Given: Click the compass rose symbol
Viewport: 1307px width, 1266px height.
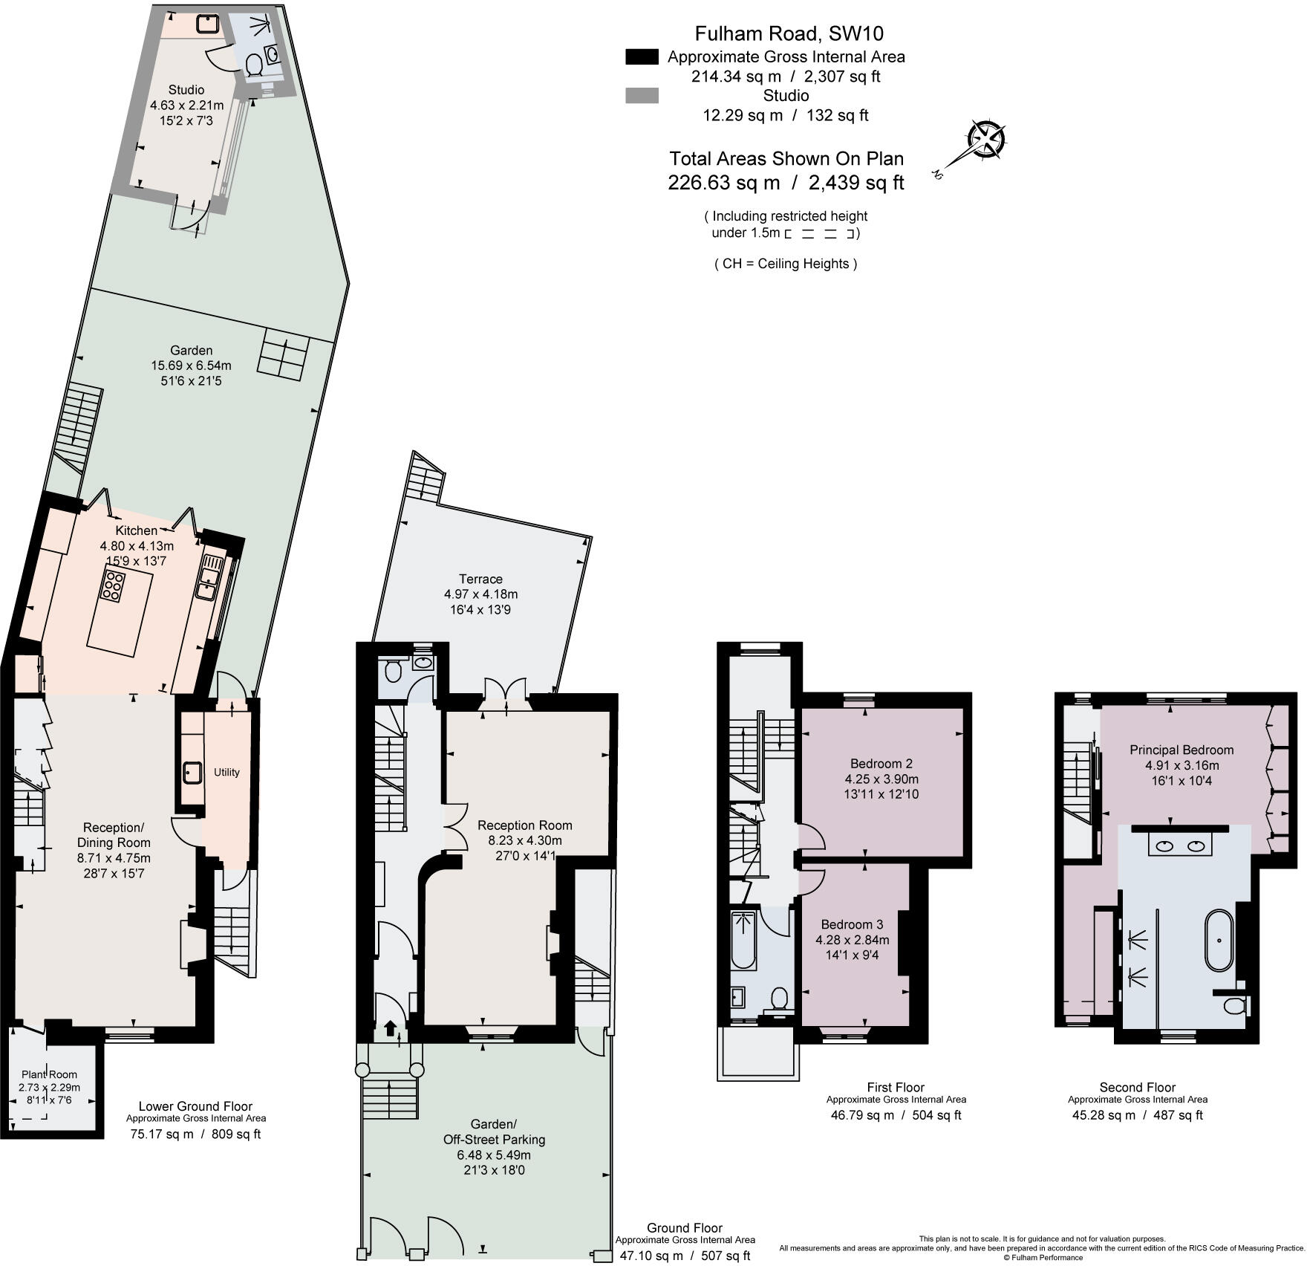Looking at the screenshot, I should coord(986,140).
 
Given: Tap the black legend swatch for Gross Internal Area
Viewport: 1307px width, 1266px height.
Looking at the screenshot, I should coord(642,57).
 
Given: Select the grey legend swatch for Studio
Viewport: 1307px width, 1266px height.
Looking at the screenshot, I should coord(642,96).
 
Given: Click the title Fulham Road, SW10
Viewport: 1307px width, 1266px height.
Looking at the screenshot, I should coord(789,33).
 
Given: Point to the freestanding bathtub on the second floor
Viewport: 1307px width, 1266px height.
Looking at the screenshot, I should coord(1219,941).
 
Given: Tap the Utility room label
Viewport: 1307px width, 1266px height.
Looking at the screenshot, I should coord(226,772).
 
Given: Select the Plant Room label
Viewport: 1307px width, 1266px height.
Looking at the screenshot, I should coord(49,1074).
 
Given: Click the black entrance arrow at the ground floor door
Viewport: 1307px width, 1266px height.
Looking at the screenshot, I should coord(391,1028).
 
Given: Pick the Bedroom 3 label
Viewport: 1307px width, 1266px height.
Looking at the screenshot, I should coord(852,924).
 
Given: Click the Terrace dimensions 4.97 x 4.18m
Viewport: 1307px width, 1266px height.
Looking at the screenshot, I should coord(480,594).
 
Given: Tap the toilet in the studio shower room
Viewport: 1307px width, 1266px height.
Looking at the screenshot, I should coord(253,65).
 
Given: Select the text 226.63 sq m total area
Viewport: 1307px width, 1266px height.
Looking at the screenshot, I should coord(724,183).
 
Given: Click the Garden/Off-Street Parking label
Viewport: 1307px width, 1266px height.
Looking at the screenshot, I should coord(494,1132).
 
